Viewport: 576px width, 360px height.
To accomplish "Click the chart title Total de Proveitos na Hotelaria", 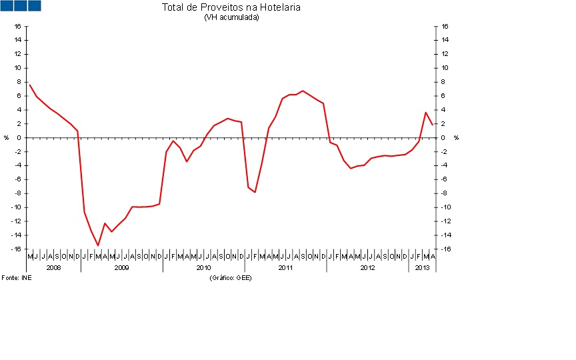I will (x=231, y=7).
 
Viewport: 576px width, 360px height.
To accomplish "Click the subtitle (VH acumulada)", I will (x=231, y=17).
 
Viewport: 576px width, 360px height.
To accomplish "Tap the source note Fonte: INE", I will (x=16, y=277).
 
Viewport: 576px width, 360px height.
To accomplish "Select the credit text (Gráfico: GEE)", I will (x=231, y=277).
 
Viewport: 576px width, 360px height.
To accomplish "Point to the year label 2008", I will (x=53, y=267).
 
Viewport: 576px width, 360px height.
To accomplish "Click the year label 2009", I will (x=122, y=267).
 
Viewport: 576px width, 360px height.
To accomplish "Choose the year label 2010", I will (x=203, y=267).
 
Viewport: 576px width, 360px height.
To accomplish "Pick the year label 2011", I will (x=285, y=267).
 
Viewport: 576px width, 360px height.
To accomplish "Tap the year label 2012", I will (x=367, y=267).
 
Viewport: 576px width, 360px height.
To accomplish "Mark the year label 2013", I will (x=422, y=267).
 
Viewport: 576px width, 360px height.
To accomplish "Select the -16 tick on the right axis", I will (x=445, y=249).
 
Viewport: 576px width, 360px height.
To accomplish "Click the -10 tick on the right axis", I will (x=445, y=207).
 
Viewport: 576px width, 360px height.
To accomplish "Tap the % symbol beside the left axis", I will (x=7, y=138).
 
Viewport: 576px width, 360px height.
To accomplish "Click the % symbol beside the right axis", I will (x=456, y=138).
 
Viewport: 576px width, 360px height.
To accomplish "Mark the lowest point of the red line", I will (x=98, y=245).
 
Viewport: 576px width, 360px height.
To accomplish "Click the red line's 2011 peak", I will (x=303, y=91).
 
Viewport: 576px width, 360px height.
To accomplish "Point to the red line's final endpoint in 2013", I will (x=433, y=124).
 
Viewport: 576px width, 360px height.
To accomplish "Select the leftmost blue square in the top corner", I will (x=6, y=5).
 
